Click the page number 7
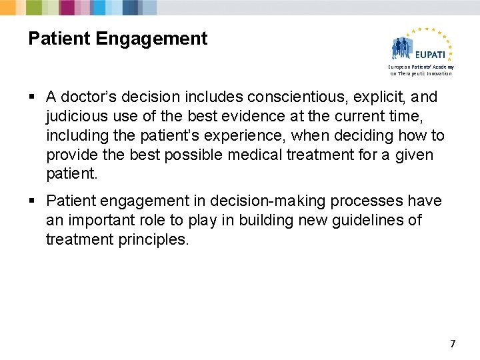pos(453,344)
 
